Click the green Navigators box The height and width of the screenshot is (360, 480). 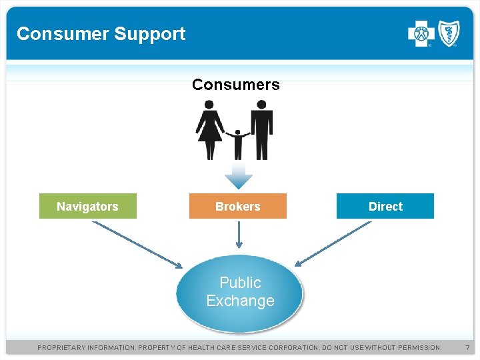tap(87, 207)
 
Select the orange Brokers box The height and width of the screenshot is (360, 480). tap(238, 207)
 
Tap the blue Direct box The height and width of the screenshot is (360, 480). tap(385, 207)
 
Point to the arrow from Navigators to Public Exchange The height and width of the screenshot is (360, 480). tap(137, 245)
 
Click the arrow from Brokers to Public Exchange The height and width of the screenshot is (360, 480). tap(239, 235)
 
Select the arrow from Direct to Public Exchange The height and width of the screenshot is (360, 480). tap(333, 243)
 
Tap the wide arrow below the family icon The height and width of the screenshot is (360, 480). tap(238, 175)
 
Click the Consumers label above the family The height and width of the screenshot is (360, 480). tap(236, 85)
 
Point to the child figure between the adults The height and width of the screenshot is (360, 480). tap(237, 143)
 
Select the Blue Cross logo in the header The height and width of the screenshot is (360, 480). tap(421, 33)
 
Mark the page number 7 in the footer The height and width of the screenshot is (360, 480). tap(467, 347)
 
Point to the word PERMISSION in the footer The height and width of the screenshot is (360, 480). tap(417, 347)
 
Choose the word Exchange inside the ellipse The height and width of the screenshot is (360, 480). tap(240, 301)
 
